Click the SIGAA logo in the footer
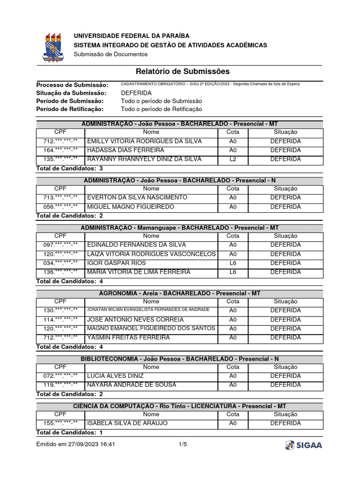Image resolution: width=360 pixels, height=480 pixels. click(x=304, y=445)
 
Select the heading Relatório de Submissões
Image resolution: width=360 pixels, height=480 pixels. click(x=183, y=71)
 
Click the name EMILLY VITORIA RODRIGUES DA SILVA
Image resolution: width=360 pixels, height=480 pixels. click(x=145, y=141)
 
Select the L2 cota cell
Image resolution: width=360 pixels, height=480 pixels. click(x=233, y=159)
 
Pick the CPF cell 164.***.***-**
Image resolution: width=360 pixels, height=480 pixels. click(x=60, y=150)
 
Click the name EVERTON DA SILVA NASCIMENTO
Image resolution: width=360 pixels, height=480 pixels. click(x=137, y=197)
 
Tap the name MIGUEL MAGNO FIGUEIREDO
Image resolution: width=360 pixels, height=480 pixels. click(x=131, y=207)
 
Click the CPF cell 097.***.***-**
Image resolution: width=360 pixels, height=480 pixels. click(x=60, y=245)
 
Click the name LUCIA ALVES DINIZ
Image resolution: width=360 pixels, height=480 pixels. click(x=116, y=376)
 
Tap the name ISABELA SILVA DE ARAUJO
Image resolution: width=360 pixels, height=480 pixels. click(x=127, y=423)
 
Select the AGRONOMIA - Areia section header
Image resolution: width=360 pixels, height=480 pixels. click(x=180, y=293)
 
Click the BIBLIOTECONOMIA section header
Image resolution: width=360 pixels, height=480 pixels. click(x=180, y=359)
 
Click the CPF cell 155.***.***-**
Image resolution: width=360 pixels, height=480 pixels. click(x=60, y=423)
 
